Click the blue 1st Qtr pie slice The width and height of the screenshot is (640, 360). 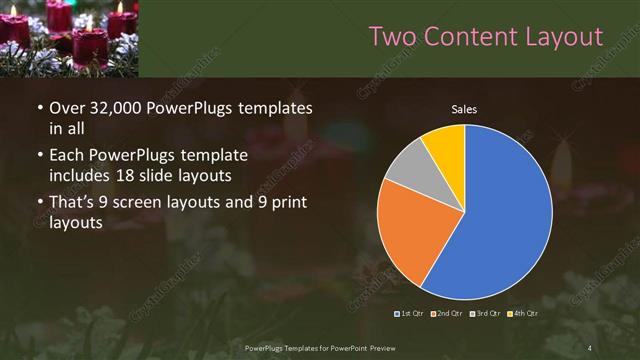point(500,220)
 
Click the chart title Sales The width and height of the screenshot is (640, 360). point(464,110)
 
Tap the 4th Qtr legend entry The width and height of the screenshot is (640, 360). point(524,314)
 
